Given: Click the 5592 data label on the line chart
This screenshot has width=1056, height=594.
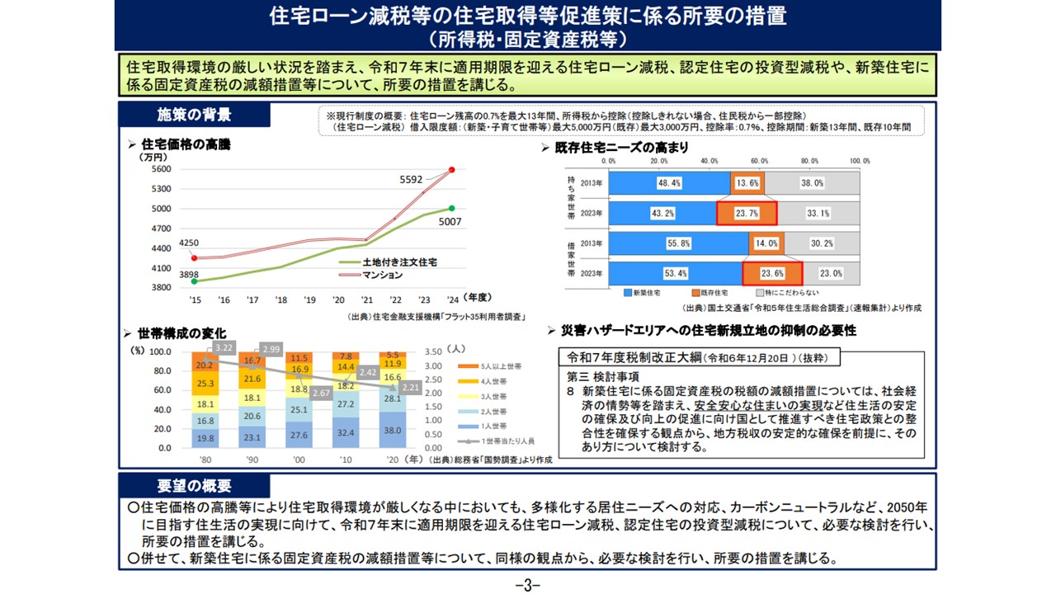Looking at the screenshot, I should pyautogui.click(x=411, y=179).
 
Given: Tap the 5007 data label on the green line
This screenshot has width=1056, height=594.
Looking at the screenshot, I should pyautogui.click(x=450, y=221).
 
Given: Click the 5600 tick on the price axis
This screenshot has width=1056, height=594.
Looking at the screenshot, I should pyautogui.click(x=161, y=169).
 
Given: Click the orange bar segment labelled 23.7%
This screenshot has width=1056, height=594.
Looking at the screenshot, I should pyautogui.click(x=746, y=213).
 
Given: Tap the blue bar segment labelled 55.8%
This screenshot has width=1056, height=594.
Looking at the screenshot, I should pyautogui.click(x=678, y=243).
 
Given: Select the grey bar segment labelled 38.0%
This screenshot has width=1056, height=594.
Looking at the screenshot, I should pyautogui.click(x=812, y=183).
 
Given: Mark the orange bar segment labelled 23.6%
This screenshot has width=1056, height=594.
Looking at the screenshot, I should pyautogui.click(x=772, y=273).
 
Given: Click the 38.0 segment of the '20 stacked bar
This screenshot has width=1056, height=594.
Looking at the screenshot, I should pyautogui.click(x=392, y=430).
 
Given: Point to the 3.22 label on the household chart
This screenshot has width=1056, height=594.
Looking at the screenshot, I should pyautogui.click(x=224, y=347).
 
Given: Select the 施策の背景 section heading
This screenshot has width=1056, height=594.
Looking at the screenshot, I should pyautogui.click(x=194, y=114).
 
